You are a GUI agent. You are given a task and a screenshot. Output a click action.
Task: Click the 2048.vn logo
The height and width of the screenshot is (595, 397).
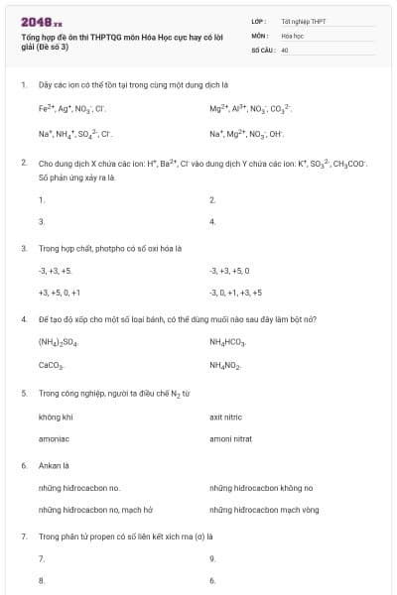(41, 21)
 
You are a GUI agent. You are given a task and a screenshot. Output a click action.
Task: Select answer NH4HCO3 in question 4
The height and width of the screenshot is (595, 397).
(227, 341)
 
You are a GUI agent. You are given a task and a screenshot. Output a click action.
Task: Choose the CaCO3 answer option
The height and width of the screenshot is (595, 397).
(51, 365)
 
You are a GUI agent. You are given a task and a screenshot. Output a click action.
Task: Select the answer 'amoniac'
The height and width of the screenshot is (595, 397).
(54, 437)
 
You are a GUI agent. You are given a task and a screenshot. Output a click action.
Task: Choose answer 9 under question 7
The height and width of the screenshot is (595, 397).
(212, 558)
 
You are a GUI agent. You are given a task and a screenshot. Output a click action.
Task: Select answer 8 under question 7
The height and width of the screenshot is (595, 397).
(41, 580)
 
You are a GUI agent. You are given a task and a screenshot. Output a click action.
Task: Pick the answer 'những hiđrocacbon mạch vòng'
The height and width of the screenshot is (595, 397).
(263, 510)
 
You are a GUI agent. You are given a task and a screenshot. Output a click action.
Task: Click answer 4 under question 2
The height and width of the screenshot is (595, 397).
(212, 221)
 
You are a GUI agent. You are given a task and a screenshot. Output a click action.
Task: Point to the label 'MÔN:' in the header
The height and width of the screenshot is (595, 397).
(259, 35)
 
